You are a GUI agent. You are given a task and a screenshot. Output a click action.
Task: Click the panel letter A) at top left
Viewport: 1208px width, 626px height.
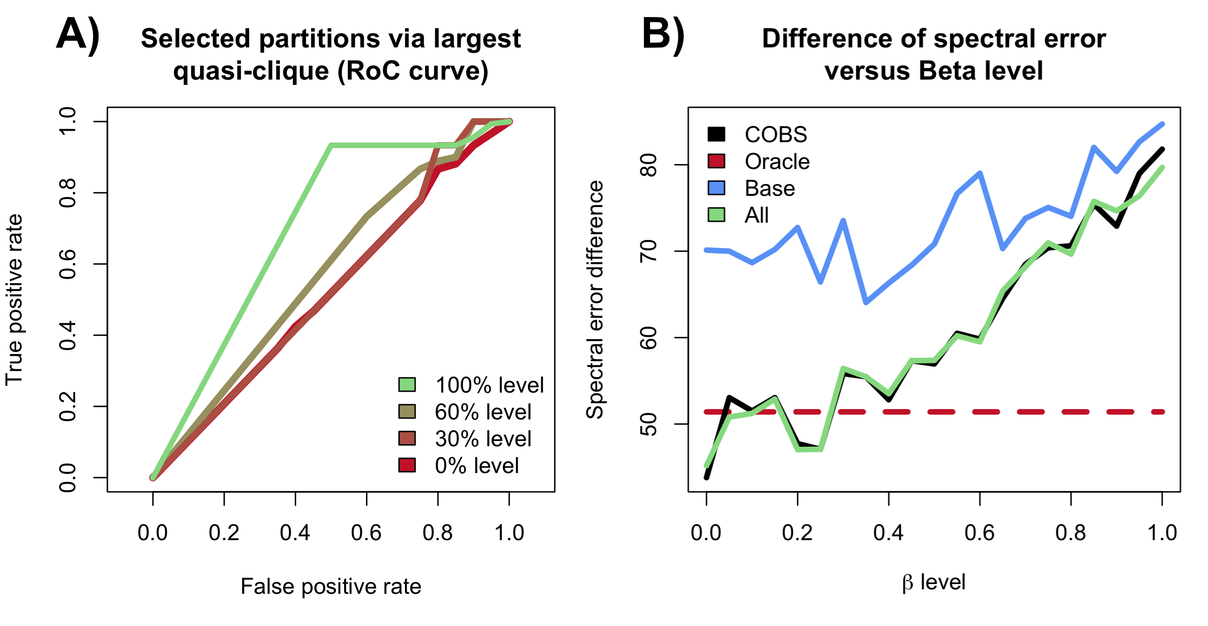click(78, 35)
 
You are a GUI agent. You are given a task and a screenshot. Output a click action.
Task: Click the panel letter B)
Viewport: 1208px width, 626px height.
click(663, 35)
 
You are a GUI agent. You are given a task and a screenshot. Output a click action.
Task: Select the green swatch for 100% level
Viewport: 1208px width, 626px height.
click(407, 385)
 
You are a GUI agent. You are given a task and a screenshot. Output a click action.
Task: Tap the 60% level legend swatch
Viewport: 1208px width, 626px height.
click(407, 411)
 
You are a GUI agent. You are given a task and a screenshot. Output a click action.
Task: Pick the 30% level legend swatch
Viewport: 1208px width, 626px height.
click(407, 438)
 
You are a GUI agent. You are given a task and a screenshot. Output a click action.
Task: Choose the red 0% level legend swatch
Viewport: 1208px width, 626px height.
click(407, 465)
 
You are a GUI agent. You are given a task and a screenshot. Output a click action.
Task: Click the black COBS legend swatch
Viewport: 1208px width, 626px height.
click(716, 134)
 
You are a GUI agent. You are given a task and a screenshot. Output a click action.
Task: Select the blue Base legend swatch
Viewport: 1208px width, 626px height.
click(716, 188)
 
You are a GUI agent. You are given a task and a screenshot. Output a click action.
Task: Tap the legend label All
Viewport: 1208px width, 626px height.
click(757, 215)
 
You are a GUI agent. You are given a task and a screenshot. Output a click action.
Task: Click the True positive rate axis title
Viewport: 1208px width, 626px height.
click(14, 300)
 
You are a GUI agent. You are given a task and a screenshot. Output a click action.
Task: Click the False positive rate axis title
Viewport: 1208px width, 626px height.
click(331, 586)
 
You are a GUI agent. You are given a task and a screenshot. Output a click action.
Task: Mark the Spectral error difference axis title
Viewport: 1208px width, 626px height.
click(595, 300)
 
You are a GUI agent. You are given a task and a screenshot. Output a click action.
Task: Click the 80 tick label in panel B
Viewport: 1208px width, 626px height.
click(649, 165)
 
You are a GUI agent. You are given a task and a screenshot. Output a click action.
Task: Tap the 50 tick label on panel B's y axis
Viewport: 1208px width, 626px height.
click(649, 424)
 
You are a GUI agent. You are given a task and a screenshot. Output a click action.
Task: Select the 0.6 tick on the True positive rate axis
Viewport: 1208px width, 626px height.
click(68, 264)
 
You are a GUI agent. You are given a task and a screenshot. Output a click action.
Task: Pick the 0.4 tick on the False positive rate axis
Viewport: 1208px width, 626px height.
click(295, 533)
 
